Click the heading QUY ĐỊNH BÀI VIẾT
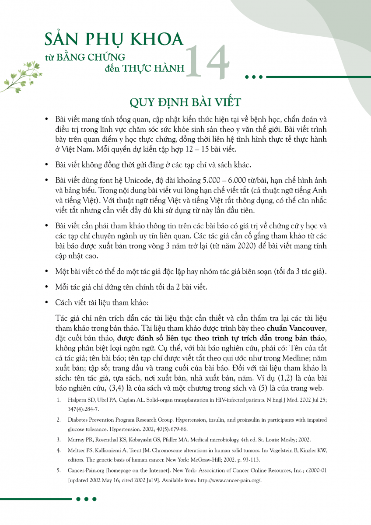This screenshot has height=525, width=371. click(185, 102)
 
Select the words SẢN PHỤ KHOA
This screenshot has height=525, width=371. click(114, 39)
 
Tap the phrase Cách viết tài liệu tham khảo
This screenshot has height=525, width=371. click(101, 302)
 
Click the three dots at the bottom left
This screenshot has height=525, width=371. click(86, 499)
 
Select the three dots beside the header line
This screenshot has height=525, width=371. click(254, 77)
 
